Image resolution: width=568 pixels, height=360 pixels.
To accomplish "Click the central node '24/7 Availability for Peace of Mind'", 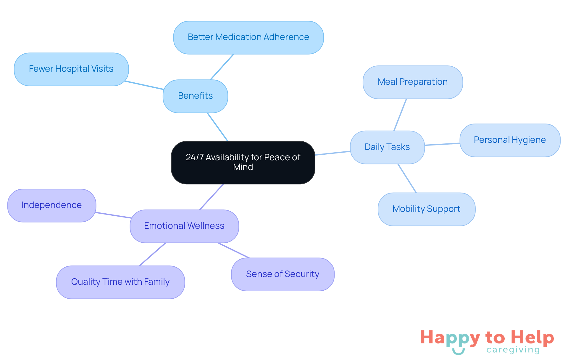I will pos(243,162).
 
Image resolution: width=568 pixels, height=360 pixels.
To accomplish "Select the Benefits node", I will pos(195,96).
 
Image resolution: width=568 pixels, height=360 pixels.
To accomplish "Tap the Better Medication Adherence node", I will pos(248,37).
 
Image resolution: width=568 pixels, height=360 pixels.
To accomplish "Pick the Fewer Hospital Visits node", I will pos(71,69).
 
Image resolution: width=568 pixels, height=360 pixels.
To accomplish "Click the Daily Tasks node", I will pos(387,147).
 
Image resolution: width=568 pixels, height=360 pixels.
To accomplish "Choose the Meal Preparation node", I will pos(412,82).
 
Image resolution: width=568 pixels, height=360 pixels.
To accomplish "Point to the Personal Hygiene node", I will pos(509,140).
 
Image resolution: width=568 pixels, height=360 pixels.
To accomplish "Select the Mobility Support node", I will pos(426,209).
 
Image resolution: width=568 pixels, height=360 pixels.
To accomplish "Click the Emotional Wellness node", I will pos(184,226).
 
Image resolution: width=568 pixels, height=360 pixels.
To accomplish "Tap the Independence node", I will pos(51,205).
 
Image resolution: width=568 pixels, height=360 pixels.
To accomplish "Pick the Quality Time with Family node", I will pos(120,282).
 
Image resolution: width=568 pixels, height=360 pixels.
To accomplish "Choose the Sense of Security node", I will pos(283,274).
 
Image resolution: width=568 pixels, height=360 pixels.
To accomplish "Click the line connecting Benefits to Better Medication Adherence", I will pos(222,67).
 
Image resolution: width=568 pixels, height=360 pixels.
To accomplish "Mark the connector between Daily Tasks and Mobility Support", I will pos(407,178).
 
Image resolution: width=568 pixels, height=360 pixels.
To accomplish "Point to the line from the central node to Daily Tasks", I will pos(333,153).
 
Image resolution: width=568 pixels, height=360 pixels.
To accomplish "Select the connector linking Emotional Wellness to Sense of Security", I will pos(234,250).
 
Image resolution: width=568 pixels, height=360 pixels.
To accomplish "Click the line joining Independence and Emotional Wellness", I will pos(113,215).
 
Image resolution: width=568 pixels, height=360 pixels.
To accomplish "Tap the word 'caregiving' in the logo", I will pos(513,350).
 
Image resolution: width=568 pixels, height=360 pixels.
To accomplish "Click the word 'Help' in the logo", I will pos(532,337).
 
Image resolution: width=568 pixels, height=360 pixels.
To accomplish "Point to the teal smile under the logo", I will pos(458,352).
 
